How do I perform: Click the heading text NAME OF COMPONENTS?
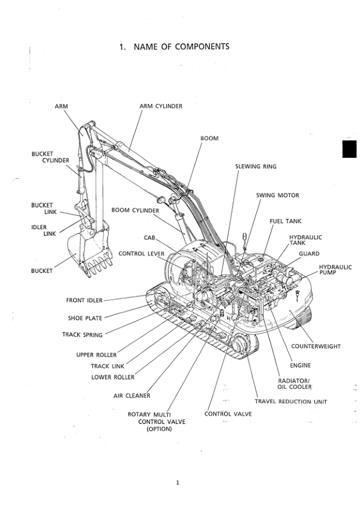click(x=181, y=47)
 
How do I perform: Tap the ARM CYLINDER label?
click(x=161, y=106)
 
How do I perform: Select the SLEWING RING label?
click(x=256, y=166)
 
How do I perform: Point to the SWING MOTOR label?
click(x=277, y=195)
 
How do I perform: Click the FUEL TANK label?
click(x=286, y=221)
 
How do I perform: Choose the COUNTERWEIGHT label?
click(x=315, y=346)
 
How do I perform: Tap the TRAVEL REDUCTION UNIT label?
click(x=291, y=401)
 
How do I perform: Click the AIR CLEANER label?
click(x=132, y=396)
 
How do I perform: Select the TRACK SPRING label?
click(x=82, y=335)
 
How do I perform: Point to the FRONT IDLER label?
click(x=84, y=300)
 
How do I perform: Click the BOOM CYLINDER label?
click(x=135, y=210)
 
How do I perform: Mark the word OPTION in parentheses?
click(x=159, y=429)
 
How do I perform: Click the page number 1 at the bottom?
click(x=178, y=483)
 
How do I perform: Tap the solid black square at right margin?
click(x=349, y=149)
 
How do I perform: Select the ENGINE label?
click(x=300, y=366)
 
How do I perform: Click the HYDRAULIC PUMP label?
click(x=335, y=270)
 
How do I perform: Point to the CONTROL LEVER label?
click(x=141, y=253)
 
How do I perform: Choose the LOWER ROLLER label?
click(x=112, y=377)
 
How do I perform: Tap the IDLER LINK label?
click(x=43, y=230)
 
